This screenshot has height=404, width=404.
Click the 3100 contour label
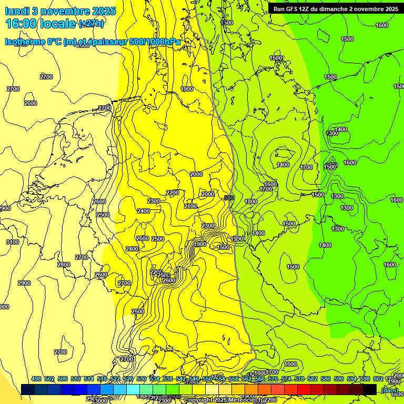point(13,242)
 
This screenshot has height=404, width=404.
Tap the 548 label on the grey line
point(229,198)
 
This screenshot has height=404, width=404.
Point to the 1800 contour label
point(251,201)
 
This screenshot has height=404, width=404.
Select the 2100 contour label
point(190,206)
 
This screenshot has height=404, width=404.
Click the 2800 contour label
point(64,265)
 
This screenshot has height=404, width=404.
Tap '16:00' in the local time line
point(22,24)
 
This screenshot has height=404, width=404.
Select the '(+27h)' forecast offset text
point(91,24)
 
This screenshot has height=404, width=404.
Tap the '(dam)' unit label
point(389,390)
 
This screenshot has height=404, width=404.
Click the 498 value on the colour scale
point(36,379)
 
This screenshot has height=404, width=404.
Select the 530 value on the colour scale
point(142,379)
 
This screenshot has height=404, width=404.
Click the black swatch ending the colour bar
point(370,389)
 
